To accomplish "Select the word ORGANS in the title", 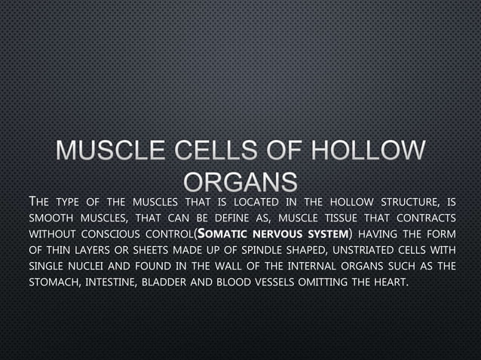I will [240, 181].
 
